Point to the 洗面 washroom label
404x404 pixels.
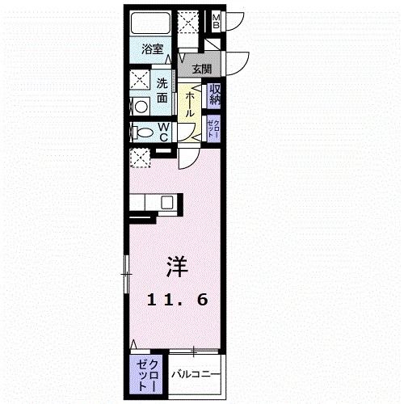pyautogui.click(x=162, y=89)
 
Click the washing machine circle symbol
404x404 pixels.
pyautogui.click(x=139, y=106)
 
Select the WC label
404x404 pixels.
pyautogui.click(x=163, y=132)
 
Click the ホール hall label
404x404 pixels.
pyautogui.click(x=189, y=104)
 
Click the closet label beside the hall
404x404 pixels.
pyautogui.click(x=216, y=127)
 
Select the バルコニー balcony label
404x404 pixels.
pyautogui.click(x=195, y=373)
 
